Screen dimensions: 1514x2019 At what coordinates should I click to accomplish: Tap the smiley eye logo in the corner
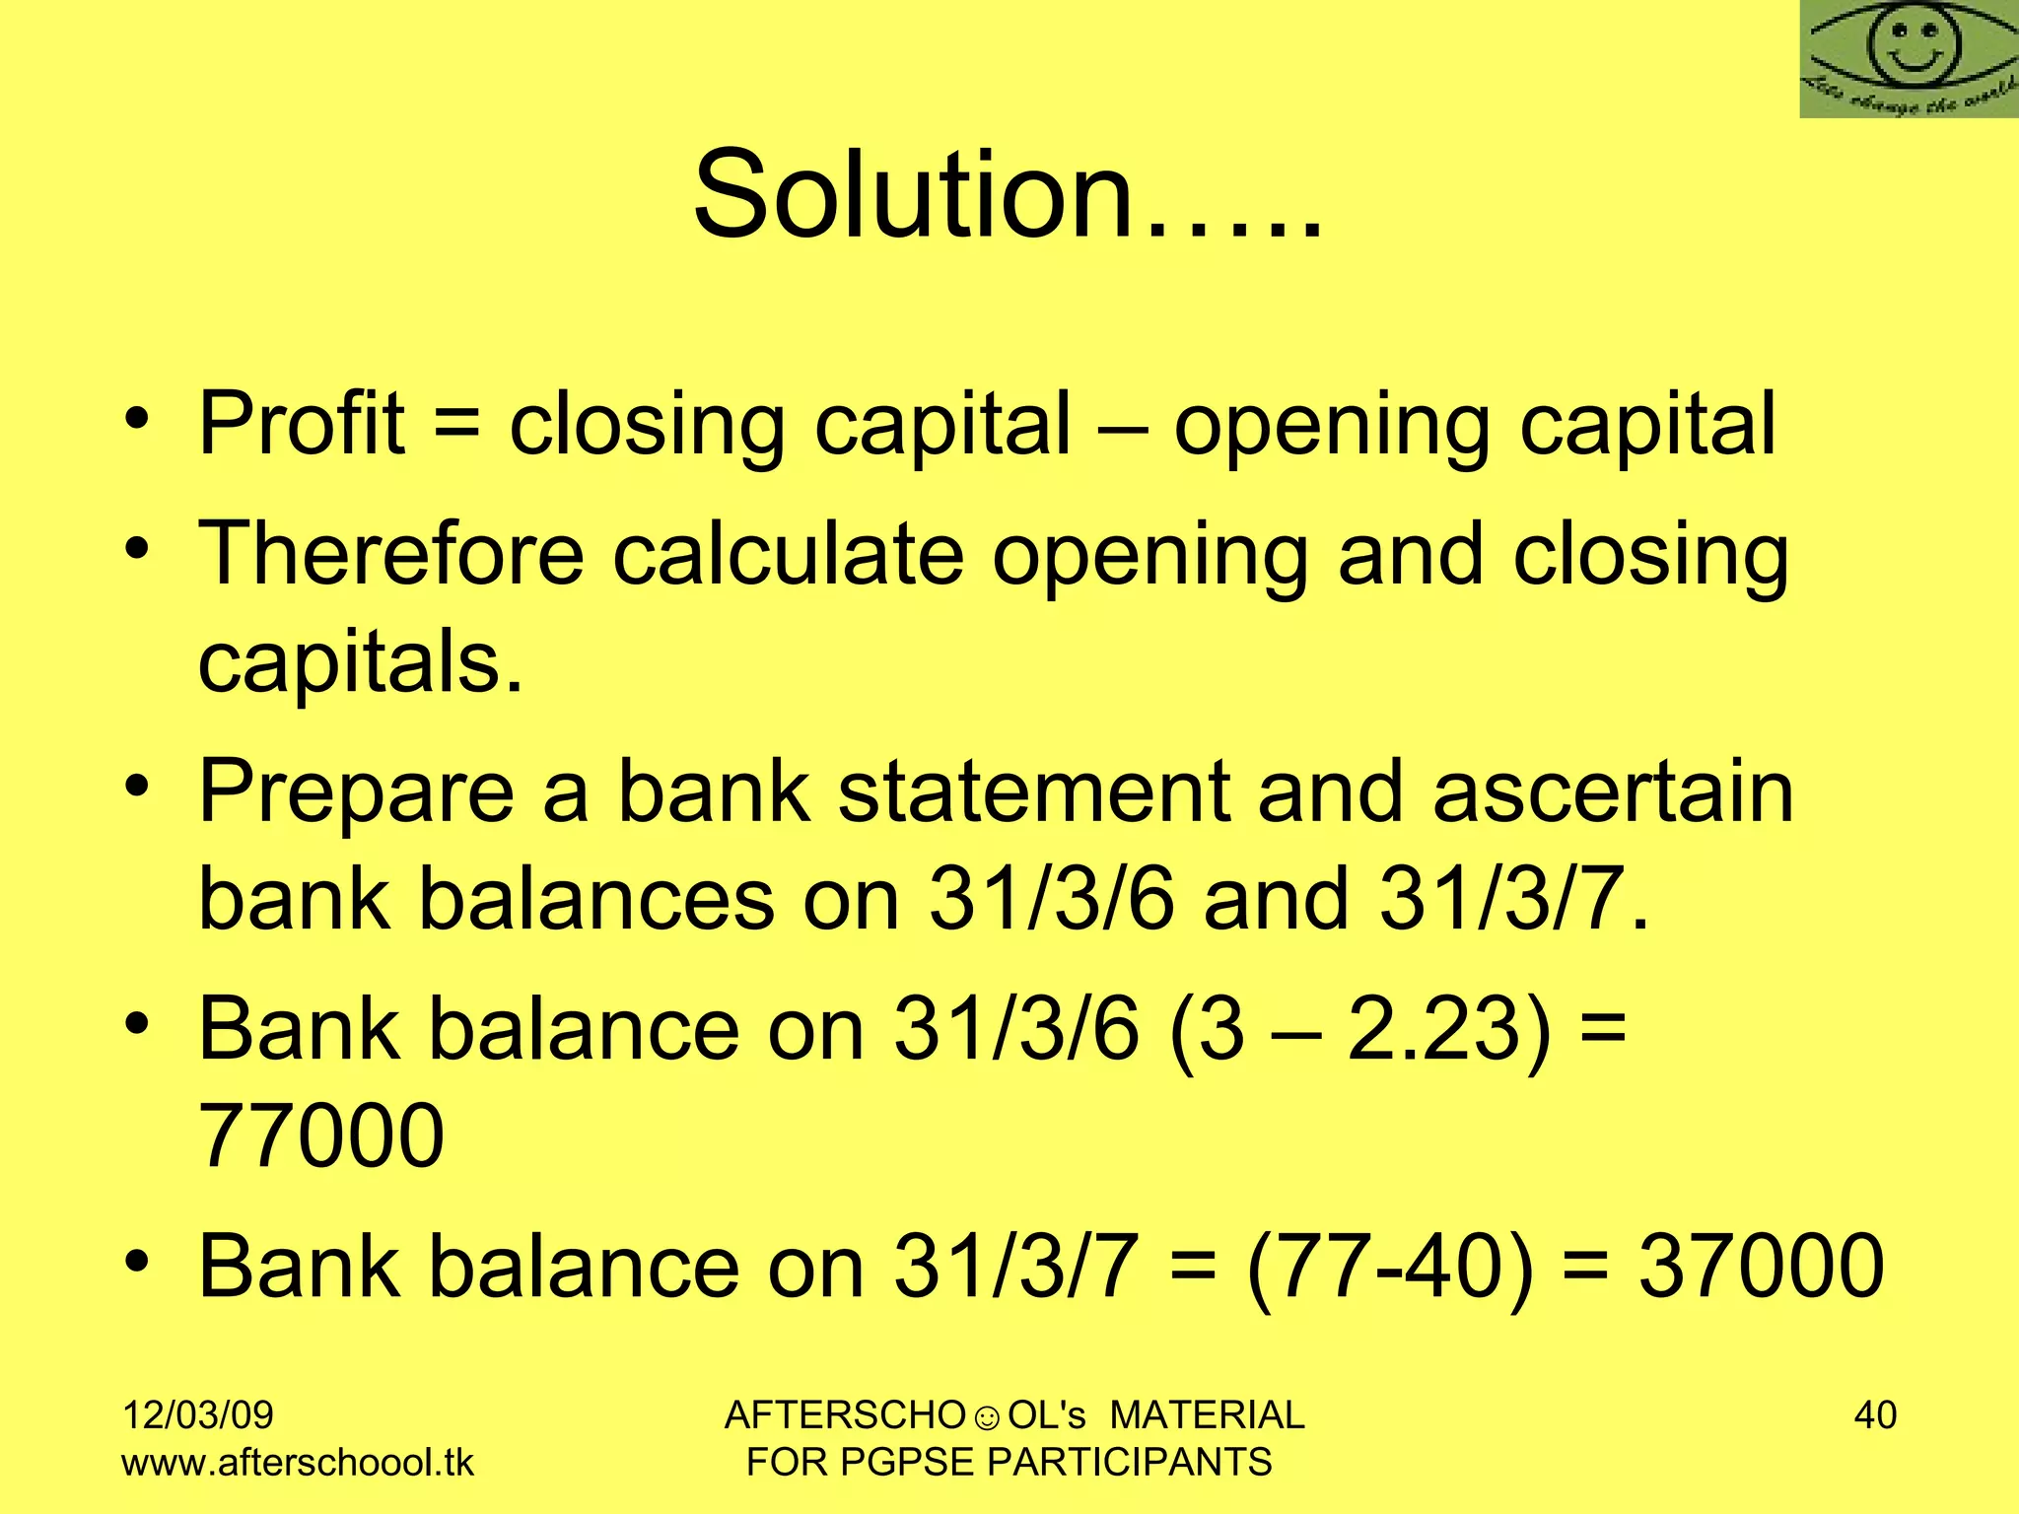[1910, 59]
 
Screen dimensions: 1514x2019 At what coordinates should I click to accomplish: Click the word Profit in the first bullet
[302, 424]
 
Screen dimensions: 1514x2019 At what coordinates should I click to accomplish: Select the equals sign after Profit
[456, 424]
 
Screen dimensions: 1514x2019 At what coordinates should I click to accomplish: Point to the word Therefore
[391, 554]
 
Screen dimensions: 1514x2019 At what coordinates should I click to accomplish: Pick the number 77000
[321, 1135]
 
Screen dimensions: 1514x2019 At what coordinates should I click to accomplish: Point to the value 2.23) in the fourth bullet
[1448, 1028]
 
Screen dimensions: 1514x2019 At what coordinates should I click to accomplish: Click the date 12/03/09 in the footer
[197, 1415]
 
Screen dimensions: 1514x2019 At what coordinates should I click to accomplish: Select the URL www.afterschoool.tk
[298, 1462]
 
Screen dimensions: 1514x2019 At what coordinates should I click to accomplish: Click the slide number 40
[1875, 1415]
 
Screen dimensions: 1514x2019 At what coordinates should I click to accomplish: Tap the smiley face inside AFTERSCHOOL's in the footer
[987, 1418]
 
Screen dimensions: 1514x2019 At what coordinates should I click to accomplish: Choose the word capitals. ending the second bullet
[360, 662]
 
